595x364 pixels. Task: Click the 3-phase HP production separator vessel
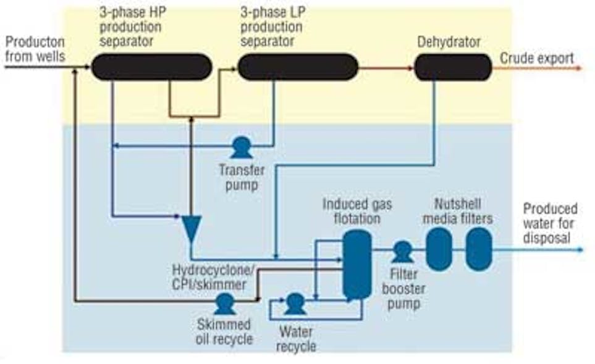pyautogui.click(x=152, y=67)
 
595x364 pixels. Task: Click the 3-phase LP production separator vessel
pyautogui.click(x=298, y=67)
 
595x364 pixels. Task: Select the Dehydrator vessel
pyautogui.click(x=453, y=67)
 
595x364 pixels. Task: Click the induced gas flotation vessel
pyautogui.click(x=357, y=264)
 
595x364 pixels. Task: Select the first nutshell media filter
pyautogui.click(x=439, y=249)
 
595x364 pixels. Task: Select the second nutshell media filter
pyautogui.click(x=478, y=249)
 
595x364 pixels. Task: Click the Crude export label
pyautogui.click(x=536, y=58)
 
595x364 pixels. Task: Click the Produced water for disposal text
pyautogui.click(x=549, y=223)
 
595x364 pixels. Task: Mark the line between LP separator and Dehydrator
pyautogui.click(x=386, y=67)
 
